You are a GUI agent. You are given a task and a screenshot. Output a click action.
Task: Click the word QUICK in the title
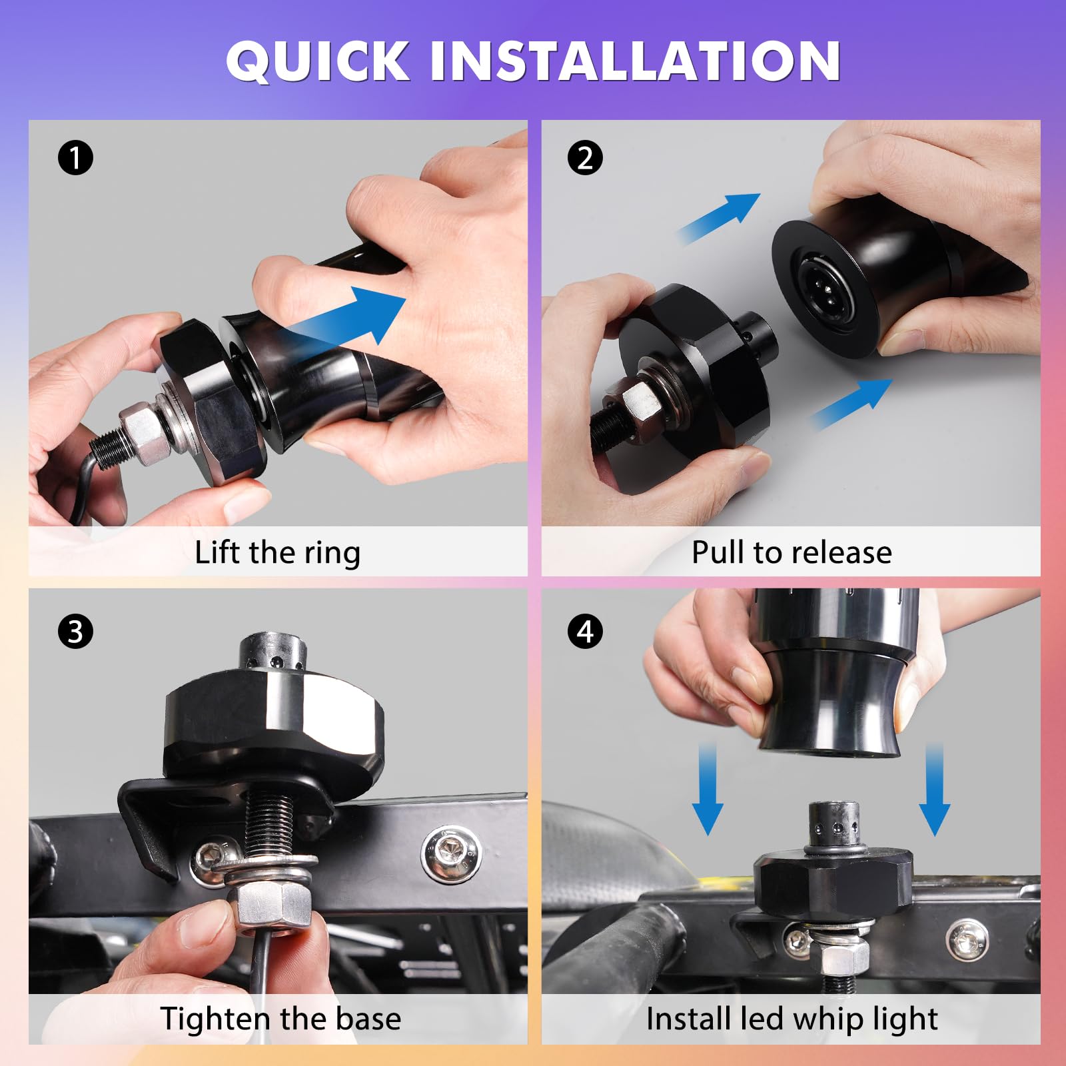(x=318, y=61)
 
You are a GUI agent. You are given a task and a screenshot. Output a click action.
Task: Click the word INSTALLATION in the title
(x=636, y=61)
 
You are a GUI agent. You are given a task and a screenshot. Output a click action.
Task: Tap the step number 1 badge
(x=75, y=158)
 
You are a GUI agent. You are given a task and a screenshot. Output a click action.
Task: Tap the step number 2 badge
(x=585, y=158)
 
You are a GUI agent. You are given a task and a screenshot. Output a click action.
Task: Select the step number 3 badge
(x=75, y=632)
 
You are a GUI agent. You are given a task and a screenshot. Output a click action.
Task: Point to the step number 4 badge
(x=585, y=632)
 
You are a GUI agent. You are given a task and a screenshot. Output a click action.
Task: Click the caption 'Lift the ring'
(x=277, y=553)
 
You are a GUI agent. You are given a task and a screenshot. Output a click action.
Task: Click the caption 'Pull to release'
(x=792, y=552)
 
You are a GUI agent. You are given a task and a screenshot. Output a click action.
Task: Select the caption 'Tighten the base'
(x=280, y=1019)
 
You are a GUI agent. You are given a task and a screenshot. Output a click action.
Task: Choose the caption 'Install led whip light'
(x=792, y=1019)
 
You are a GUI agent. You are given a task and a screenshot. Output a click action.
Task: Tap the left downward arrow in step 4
(x=708, y=790)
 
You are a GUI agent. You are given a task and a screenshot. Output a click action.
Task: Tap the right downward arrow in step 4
(x=934, y=790)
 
